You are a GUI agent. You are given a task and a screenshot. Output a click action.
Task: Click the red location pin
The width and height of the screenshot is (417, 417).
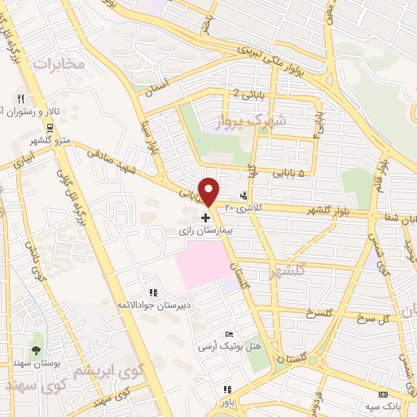click(x=209, y=190)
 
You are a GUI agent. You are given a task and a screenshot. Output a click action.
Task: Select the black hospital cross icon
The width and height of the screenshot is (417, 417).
click(x=204, y=219)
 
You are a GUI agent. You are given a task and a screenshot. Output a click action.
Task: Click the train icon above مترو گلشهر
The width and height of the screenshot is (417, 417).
click(x=50, y=127)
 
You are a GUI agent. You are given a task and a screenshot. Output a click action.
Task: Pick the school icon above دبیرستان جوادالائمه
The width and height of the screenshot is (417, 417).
click(x=152, y=293)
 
